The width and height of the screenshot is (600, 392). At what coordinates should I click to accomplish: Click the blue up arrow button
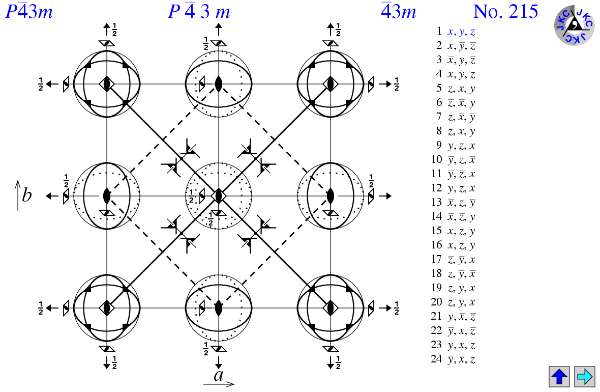tap(559, 377)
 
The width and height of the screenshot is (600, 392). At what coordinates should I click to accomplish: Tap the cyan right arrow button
tap(584, 377)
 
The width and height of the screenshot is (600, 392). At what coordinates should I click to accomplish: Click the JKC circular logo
tap(574, 25)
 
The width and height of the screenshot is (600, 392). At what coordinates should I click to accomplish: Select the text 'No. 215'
tap(505, 11)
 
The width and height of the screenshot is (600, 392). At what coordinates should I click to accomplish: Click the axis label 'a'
tap(219, 376)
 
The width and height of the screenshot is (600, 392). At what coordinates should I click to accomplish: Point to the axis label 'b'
tap(26, 195)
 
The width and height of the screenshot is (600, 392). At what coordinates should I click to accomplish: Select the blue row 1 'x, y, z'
tap(461, 31)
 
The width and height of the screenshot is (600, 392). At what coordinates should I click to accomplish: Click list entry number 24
tap(453, 359)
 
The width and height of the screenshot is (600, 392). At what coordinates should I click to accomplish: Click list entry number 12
tap(453, 188)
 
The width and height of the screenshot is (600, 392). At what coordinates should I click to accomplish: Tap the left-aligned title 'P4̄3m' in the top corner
tap(29, 11)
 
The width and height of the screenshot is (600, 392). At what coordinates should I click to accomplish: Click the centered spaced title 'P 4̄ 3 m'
tap(199, 11)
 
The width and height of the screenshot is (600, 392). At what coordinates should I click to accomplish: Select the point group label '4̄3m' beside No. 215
tap(399, 11)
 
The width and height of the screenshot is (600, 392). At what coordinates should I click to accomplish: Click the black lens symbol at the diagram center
tap(219, 195)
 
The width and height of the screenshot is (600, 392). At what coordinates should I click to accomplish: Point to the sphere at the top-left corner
tap(107, 83)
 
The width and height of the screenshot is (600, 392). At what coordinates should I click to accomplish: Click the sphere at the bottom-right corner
tap(331, 307)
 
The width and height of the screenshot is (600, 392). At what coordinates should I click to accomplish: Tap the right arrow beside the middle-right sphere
tap(388, 195)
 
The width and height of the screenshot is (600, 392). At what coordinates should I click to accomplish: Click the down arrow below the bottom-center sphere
tap(219, 363)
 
